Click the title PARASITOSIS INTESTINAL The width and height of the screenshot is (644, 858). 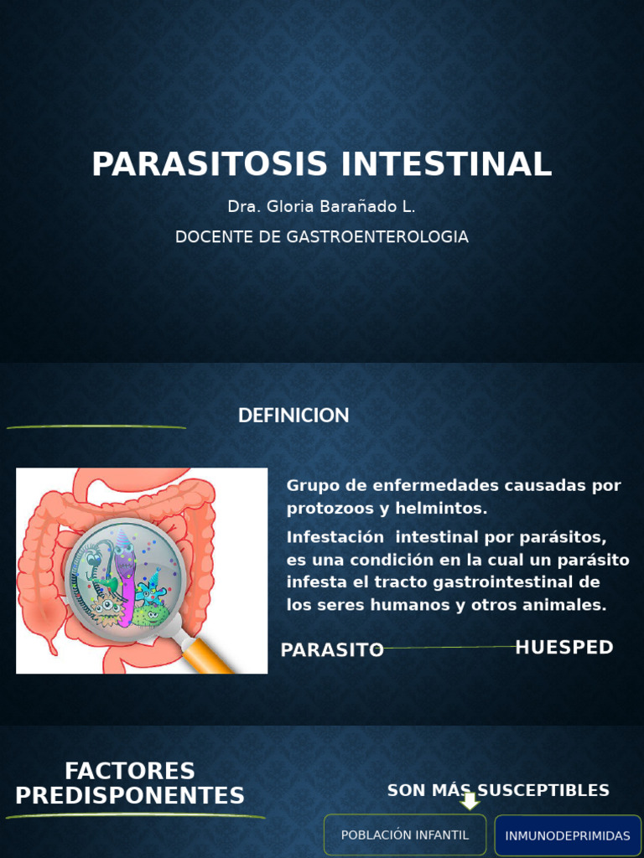pyautogui.click(x=322, y=164)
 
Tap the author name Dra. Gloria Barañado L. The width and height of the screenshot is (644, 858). pyautogui.click(x=322, y=207)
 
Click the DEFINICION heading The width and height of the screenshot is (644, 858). pyautogui.click(x=293, y=416)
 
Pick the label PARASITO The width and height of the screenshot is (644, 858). pyautogui.click(x=332, y=650)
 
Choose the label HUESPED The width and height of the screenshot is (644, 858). pyautogui.click(x=564, y=648)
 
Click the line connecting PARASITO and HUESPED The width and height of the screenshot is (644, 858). pyautogui.click(x=449, y=648)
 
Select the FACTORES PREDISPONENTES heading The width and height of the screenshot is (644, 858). pyautogui.click(x=130, y=783)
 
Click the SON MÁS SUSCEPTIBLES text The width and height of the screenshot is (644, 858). pyautogui.click(x=498, y=790)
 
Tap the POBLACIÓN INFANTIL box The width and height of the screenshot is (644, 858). pyautogui.click(x=405, y=835)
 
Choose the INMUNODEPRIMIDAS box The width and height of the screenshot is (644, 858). pyautogui.click(x=568, y=836)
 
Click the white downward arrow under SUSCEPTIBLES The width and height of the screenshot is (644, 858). pyautogui.click(x=470, y=803)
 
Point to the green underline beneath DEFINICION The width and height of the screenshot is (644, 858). pyautogui.click(x=96, y=427)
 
